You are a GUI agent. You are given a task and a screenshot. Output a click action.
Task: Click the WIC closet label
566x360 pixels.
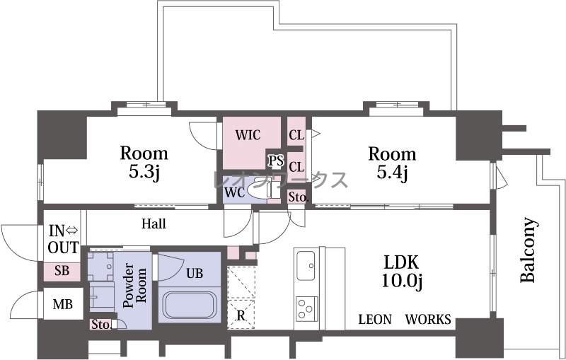click(x=248, y=135)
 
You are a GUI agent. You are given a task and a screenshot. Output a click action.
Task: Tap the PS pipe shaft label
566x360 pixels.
click(x=275, y=161)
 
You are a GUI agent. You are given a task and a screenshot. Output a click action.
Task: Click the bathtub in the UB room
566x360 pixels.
click(x=190, y=305)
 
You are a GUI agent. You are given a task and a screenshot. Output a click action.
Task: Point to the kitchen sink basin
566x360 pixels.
click(x=306, y=265)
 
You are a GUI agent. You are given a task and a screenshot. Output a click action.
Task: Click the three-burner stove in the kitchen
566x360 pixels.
click(x=307, y=309)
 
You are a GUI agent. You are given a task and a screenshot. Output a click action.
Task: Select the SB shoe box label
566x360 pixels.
click(x=62, y=271)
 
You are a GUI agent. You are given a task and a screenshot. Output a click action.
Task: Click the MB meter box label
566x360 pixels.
click(x=62, y=304)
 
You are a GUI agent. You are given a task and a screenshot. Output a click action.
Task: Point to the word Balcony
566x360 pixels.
click(x=528, y=250)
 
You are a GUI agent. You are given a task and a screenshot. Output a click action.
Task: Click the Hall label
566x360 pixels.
click(x=154, y=223)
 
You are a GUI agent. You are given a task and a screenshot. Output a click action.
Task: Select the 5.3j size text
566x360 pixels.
click(x=144, y=172)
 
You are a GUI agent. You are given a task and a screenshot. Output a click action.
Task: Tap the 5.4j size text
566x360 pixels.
click(x=393, y=172)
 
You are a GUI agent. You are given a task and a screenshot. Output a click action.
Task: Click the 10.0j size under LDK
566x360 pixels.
click(x=401, y=280)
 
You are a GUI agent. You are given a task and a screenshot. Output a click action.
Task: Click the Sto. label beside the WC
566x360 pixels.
click(x=298, y=197)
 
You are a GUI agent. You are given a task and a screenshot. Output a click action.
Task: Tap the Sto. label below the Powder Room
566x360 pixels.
click(x=100, y=325)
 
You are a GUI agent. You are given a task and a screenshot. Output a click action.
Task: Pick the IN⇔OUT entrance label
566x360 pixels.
click(x=64, y=239)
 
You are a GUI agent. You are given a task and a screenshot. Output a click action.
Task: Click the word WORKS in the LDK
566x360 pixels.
click(x=428, y=319)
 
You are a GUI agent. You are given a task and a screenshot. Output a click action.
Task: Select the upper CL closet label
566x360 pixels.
click(x=296, y=135)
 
